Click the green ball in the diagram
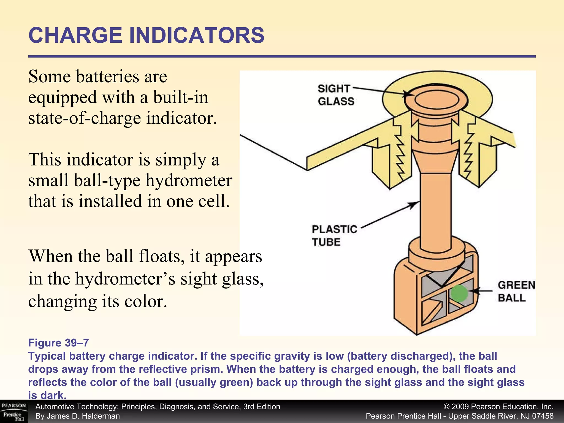click(x=459, y=293)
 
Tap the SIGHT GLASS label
click(x=336, y=95)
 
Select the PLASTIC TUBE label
click(x=334, y=235)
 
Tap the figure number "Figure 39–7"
click(x=58, y=343)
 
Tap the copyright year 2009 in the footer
click(x=460, y=407)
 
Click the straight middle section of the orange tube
click(x=436, y=212)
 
